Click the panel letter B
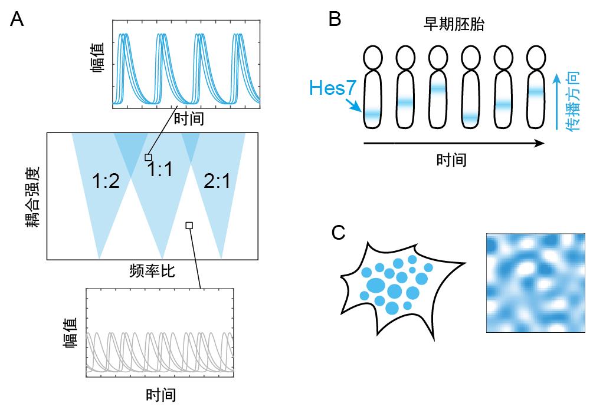click(334, 19)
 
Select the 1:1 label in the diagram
click(160, 171)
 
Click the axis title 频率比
click(152, 272)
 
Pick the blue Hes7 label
click(329, 90)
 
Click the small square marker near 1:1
click(148, 157)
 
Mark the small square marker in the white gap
click(189, 225)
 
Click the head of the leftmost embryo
click(373, 57)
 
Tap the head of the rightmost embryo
click(536, 57)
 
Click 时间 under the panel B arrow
click(451, 160)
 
